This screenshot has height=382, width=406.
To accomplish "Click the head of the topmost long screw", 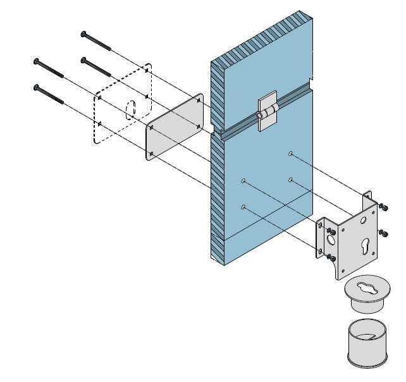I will click(83, 33).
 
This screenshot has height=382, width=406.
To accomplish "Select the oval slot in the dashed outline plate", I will click(130, 109).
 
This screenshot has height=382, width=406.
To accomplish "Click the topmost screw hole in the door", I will click(290, 154).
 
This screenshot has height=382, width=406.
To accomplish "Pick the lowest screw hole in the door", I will click(243, 207).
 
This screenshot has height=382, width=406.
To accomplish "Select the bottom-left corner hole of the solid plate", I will click(152, 154).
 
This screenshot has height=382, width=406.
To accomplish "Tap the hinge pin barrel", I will click(261, 116).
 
